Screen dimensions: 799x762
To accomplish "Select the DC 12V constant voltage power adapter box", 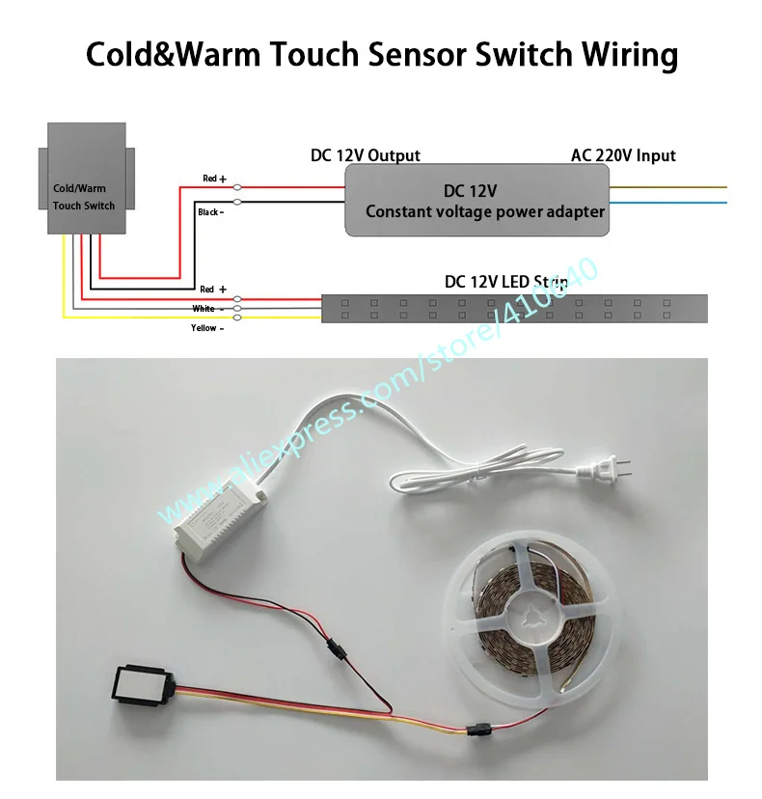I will [x=478, y=200].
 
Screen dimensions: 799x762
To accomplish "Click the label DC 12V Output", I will [x=365, y=155].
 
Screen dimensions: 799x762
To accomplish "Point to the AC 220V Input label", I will [x=623, y=155].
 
